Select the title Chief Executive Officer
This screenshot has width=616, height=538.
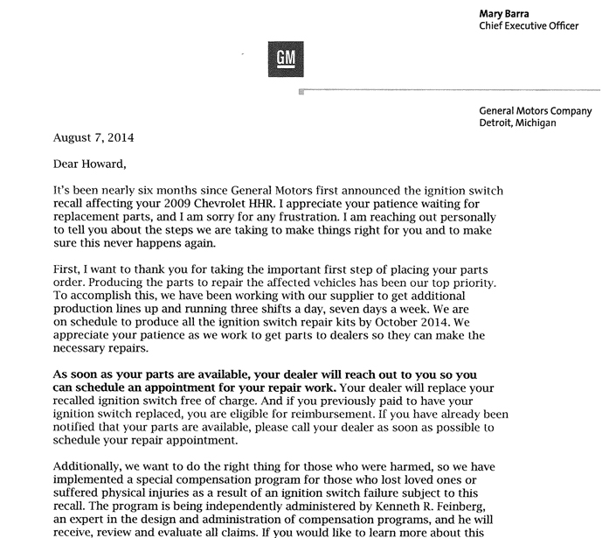click(x=529, y=26)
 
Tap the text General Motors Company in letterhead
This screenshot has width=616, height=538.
click(x=536, y=111)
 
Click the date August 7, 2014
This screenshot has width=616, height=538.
click(x=93, y=137)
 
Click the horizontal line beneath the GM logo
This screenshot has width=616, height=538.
click(x=454, y=90)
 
